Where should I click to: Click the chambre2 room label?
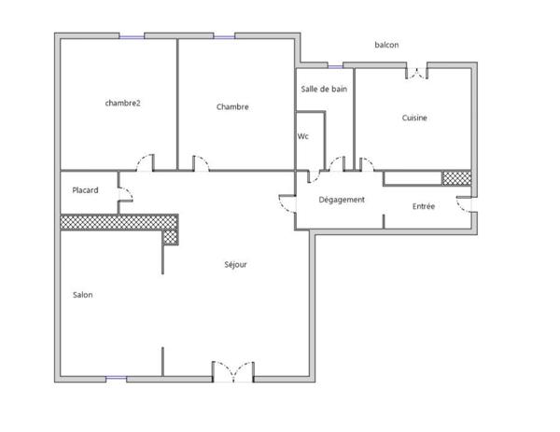coord(122,103)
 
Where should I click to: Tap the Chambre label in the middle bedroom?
coord(232,107)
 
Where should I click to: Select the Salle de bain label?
coord(323,89)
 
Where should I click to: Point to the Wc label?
coord(303,136)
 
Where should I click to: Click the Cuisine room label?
coord(415,118)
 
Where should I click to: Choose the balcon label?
coord(386,45)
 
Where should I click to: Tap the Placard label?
coord(87,190)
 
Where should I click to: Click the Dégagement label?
coord(342,200)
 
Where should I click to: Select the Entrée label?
coord(424,206)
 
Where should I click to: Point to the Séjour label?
coord(236,265)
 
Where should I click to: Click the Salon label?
coord(83,295)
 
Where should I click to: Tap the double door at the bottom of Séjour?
coord(232,371)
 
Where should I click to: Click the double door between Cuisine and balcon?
coord(416,72)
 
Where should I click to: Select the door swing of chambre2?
coord(145,162)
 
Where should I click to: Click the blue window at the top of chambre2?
coord(132,35)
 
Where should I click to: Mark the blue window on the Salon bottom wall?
coord(116,378)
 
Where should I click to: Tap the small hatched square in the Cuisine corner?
coord(456,177)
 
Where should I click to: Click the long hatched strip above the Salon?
coord(119,222)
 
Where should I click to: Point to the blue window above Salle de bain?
coord(335,65)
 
